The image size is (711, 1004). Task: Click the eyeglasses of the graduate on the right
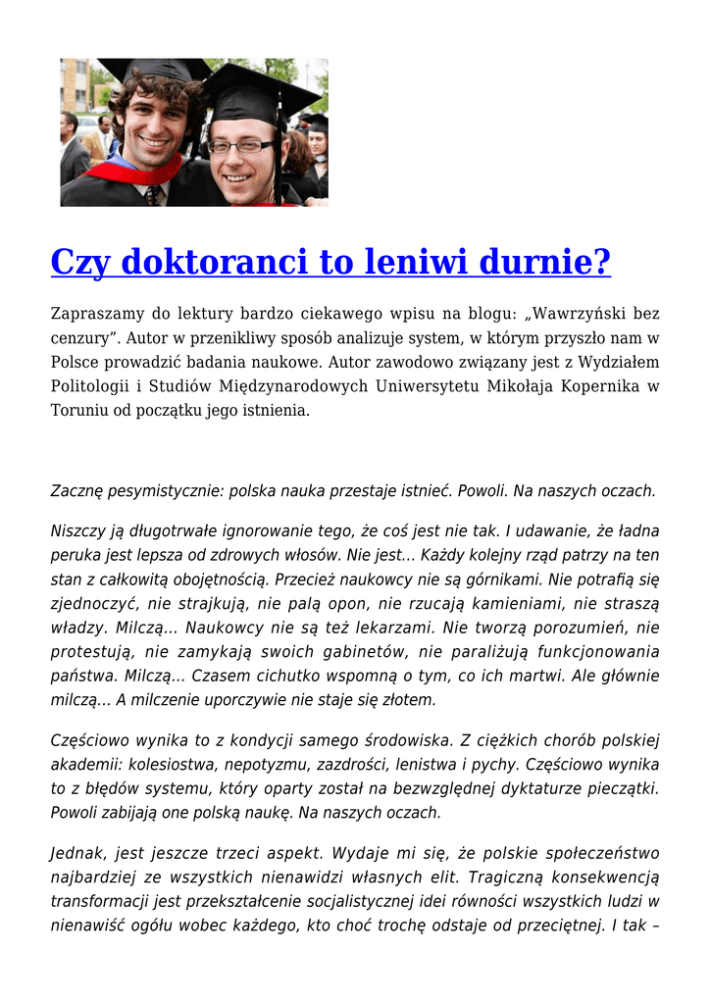point(241,146)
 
